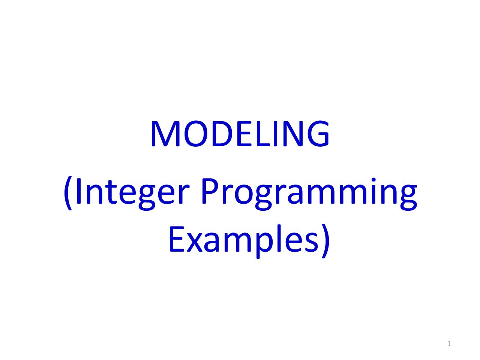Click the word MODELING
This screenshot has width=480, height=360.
pos(240,133)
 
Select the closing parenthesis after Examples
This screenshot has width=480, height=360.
pos(325,241)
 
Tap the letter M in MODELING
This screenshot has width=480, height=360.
pos(165,133)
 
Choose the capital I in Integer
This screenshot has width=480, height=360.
pos(78,191)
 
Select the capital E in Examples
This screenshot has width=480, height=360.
pos(177,239)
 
